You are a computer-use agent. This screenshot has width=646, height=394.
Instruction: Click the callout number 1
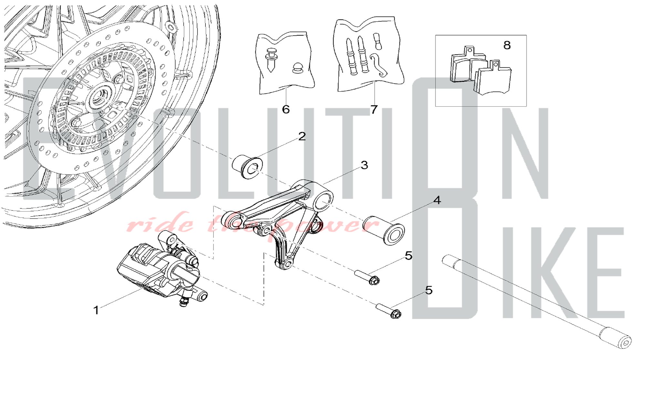[96, 310]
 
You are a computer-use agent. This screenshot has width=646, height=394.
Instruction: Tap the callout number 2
[302, 136]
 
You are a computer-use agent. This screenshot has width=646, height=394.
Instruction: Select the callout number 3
[364, 165]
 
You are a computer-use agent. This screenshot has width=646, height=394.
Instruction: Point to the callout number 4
[437, 200]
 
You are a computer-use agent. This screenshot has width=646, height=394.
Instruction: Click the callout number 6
[286, 109]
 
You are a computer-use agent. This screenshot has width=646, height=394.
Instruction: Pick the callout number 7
[374, 109]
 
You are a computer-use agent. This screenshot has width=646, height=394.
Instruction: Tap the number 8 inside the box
[507, 45]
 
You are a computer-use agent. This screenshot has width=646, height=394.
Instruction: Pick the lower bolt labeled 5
[388, 311]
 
